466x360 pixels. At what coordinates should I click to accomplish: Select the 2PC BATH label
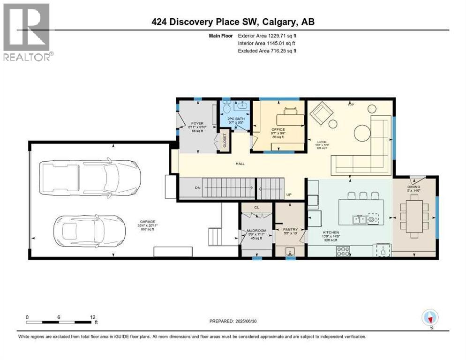tap(236, 119)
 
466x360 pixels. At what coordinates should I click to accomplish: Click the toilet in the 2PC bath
tap(226, 107)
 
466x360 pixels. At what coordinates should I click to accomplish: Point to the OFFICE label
tap(278, 129)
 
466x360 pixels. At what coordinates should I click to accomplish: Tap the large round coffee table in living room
tap(363, 133)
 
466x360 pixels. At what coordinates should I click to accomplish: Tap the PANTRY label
tap(291, 230)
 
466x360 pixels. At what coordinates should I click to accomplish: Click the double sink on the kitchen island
tap(360, 218)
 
